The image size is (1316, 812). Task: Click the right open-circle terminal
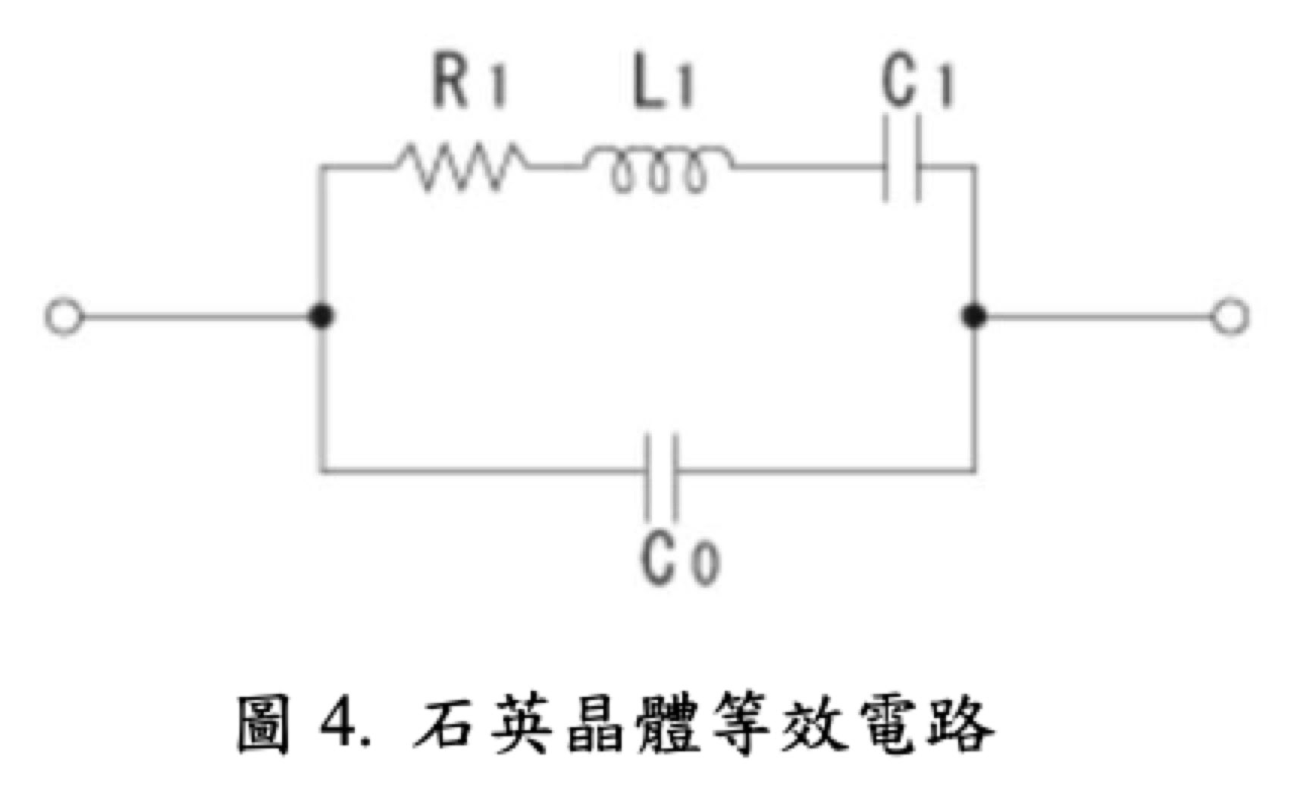coord(1229,317)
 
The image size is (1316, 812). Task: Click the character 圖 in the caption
coord(263,725)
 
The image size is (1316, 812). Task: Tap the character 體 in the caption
coord(666,725)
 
